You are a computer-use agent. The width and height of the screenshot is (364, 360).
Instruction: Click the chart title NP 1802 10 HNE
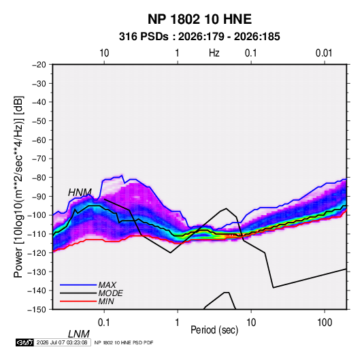(199, 19)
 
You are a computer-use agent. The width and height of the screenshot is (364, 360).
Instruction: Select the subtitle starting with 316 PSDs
(199, 37)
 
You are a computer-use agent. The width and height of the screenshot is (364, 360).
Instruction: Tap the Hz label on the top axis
(214, 53)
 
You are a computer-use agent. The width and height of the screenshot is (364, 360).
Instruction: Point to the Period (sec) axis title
(214, 330)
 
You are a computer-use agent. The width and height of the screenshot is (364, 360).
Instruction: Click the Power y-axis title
(18, 186)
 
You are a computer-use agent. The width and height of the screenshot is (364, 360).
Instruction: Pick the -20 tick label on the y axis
(39, 65)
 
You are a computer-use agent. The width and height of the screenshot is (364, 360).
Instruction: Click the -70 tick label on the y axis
(39, 159)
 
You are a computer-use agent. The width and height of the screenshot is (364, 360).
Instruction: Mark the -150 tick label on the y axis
(37, 310)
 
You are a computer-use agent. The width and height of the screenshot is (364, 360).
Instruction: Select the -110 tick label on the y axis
(37, 234)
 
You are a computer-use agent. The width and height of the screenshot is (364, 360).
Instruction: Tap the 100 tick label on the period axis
(325, 323)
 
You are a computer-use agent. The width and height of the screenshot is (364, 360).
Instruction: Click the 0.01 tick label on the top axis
(324, 53)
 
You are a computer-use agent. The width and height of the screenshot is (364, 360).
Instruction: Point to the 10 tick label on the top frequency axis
(104, 53)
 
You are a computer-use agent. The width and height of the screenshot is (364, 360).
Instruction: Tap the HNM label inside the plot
(80, 193)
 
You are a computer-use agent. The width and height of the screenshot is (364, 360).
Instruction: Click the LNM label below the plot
(79, 334)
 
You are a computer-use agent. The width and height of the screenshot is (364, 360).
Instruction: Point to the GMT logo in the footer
(25, 342)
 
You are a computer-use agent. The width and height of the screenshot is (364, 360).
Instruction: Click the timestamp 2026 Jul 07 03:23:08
(62, 342)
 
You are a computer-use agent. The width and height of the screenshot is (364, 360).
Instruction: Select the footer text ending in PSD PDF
(124, 342)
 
